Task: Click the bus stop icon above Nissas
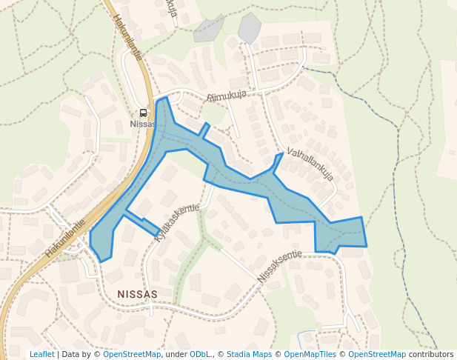tap(143, 113)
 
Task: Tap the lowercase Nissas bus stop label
tap(143, 124)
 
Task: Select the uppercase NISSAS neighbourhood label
tap(137, 294)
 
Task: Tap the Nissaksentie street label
tap(280, 266)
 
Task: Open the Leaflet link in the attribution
tap(41, 355)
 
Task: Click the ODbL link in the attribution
tap(200, 355)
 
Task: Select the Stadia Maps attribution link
tap(249, 355)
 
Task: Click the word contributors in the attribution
tap(431, 355)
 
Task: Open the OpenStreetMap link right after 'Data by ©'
tap(132, 355)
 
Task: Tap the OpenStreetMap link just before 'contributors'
tap(377, 355)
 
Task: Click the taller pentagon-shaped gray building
tap(249, 28)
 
